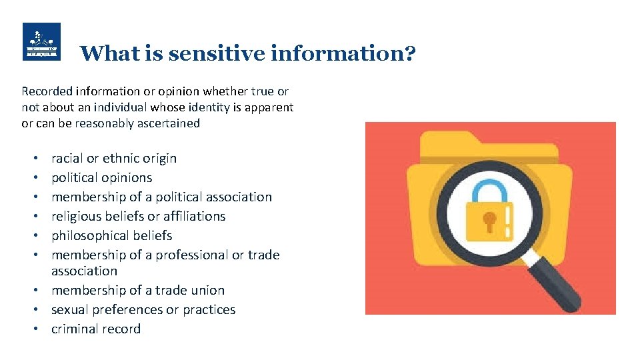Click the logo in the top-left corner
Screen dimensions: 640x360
(41, 41)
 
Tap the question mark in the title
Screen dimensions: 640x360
(409, 53)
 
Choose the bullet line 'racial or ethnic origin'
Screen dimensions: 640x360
(114, 158)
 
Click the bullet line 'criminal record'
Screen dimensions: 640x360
(96, 329)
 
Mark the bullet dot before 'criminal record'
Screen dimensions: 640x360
(35, 329)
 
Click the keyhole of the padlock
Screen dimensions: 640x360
(490, 220)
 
